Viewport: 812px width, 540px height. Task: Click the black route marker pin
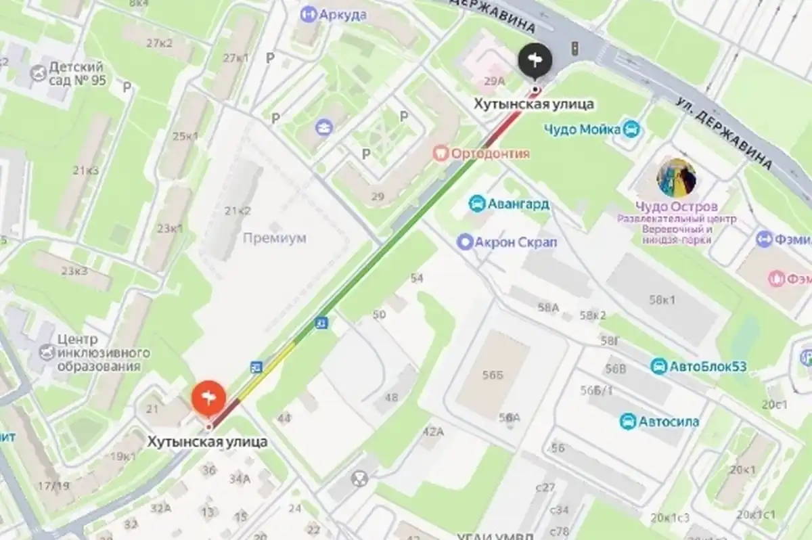pos(535,62)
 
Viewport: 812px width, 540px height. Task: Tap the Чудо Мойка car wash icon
pos(631,129)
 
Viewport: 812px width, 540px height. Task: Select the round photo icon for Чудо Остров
pos(676,178)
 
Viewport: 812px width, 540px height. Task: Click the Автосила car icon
pos(628,422)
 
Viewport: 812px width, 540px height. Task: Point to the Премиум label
pos(274,238)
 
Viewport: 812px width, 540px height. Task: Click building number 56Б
pos(493,376)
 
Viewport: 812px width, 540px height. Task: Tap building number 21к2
pos(238,210)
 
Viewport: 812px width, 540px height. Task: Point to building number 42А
pos(433,432)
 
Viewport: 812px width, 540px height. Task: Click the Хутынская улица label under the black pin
pos(533,104)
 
